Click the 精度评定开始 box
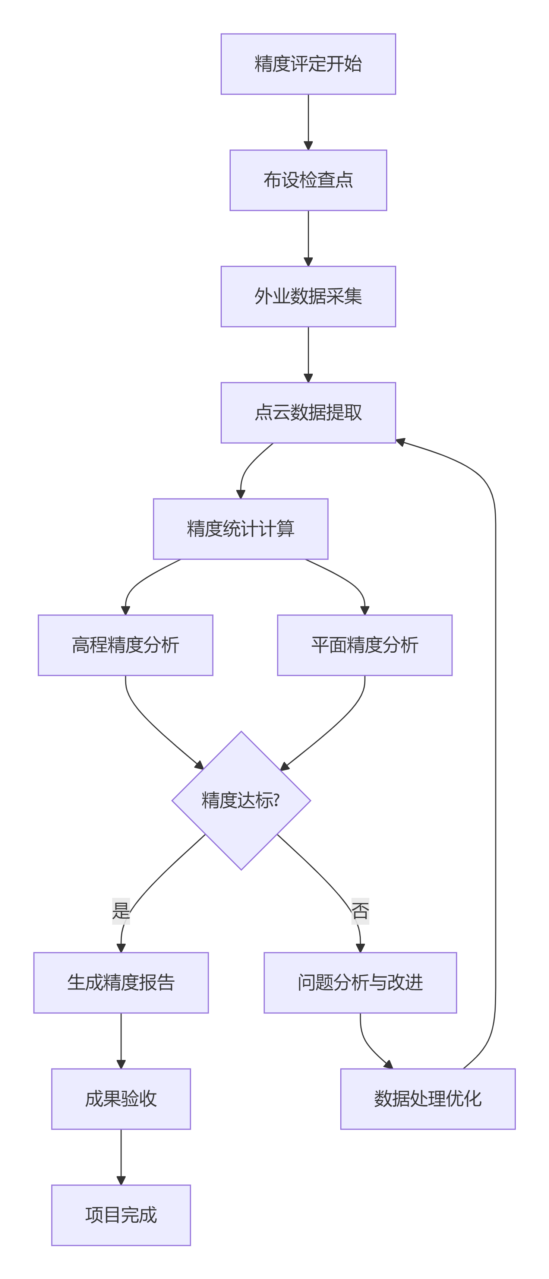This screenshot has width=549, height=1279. pyautogui.click(x=308, y=64)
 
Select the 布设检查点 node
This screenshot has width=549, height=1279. pyautogui.click(x=308, y=180)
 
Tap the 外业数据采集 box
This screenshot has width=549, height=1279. pyautogui.click(x=308, y=297)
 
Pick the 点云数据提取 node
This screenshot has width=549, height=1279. pyautogui.click(x=308, y=412)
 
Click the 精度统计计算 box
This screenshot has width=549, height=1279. pyautogui.click(x=240, y=529)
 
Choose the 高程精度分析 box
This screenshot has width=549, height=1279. pyautogui.click(x=125, y=645)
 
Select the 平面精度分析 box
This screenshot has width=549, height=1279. pyautogui.click(x=365, y=645)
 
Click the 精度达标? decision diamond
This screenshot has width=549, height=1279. pyautogui.click(x=241, y=800)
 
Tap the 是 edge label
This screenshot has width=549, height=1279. pyautogui.click(x=121, y=911)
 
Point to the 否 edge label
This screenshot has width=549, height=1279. pyautogui.click(x=360, y=911)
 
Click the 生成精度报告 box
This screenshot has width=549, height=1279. pyautogui.click(x=121, y=982)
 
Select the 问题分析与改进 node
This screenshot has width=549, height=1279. pyautogui.click(x=360, y=982)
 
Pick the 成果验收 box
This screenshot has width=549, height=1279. pyautogui.click(x=121, y=1099)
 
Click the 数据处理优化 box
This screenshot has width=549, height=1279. pyautogui.click(x=428, y=1099)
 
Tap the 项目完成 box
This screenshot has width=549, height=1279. pyautogui.click(x=121, y=1215)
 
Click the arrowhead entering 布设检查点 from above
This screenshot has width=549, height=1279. pyautogui.click(x=308, y=145)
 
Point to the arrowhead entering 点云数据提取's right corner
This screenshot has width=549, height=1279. pyautogui.click(x=400, y=441)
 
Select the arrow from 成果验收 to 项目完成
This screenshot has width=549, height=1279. pyautogui.click(x=121, y=1157)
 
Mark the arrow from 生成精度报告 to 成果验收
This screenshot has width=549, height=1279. pyautogui.click(x=121, y=1040)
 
